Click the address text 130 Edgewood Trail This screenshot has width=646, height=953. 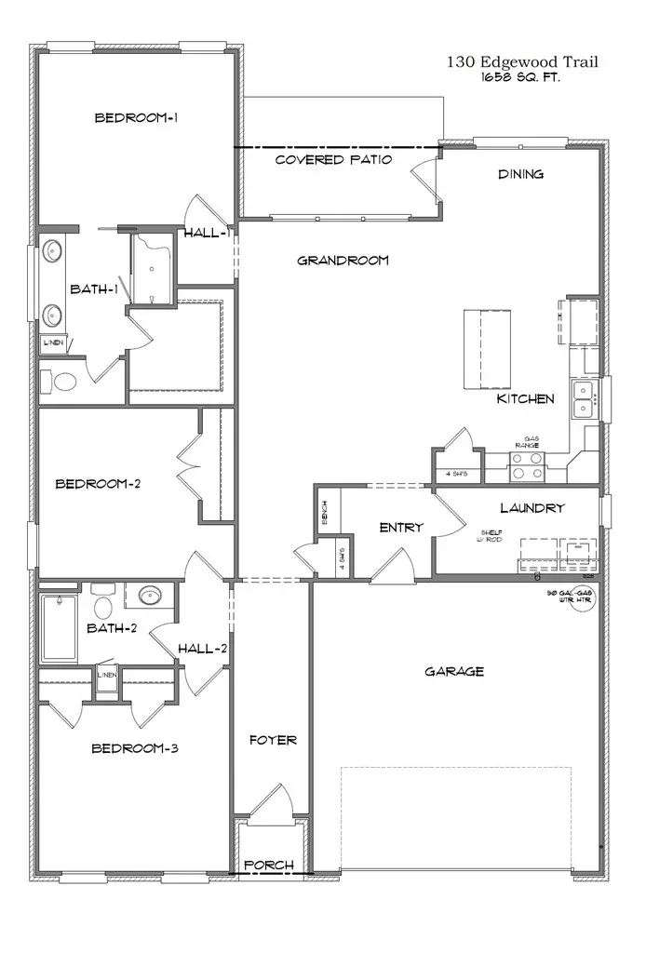click(521, 62)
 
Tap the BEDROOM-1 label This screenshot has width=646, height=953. click(136, 118)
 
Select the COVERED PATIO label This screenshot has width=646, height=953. click(333, 160)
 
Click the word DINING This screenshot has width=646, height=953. click(520, 174)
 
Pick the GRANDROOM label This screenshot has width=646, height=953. click(343, 261)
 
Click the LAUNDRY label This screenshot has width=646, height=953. click(532, 508)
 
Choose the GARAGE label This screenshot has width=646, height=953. click(453, 671)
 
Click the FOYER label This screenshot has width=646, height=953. click(273, 740)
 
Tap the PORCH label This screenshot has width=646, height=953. click(268, 866)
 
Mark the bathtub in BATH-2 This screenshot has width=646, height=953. click(59, 627)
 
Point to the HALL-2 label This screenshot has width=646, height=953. click(202, 649)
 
